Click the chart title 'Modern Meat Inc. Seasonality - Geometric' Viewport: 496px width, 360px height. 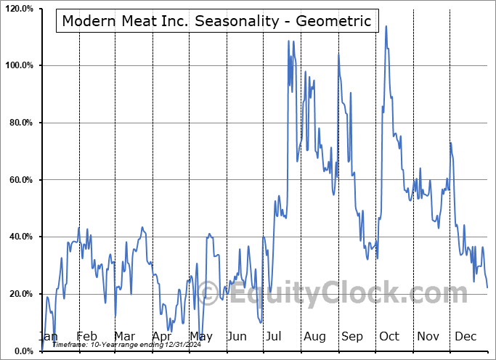pyautogui.click(x=216, y=21)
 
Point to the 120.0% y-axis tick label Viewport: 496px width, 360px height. pyautogui.click(x=18, y=9)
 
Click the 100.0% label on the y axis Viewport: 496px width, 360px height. pyautogui.click(x=18, y=66)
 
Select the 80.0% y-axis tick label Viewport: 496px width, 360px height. pyautogui.click(x=20, y=123)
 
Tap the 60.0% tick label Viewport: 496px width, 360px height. pyautogui.click(x=20, y=180)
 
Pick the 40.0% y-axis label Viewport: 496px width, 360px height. pyautogui.click(x=20, y=237)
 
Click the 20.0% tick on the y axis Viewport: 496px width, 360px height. pyautogui.click(x=20, y=294)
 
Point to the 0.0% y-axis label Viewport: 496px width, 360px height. pyautogui.click(x=22, y=351)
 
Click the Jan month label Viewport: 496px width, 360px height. pyautogui.click(x=48, y=336)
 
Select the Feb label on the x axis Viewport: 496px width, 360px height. pyautogui.click(x=86, y=336)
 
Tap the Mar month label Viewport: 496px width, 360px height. pyautogui.click(x=124, y=336)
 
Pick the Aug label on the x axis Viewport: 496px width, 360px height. pyautogui.click(x=314, y=336)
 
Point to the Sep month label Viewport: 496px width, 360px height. pyautogui.click(x=352, y=336)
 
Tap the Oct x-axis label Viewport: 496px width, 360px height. pyautogui.click(x=389, y=336)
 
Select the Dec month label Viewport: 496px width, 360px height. pyautogui.click(x=465, y=336)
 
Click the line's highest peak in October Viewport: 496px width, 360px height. pyautogui.click(x=386, y=26)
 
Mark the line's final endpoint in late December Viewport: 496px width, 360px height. pyautogui.click(x=487, y=287)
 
